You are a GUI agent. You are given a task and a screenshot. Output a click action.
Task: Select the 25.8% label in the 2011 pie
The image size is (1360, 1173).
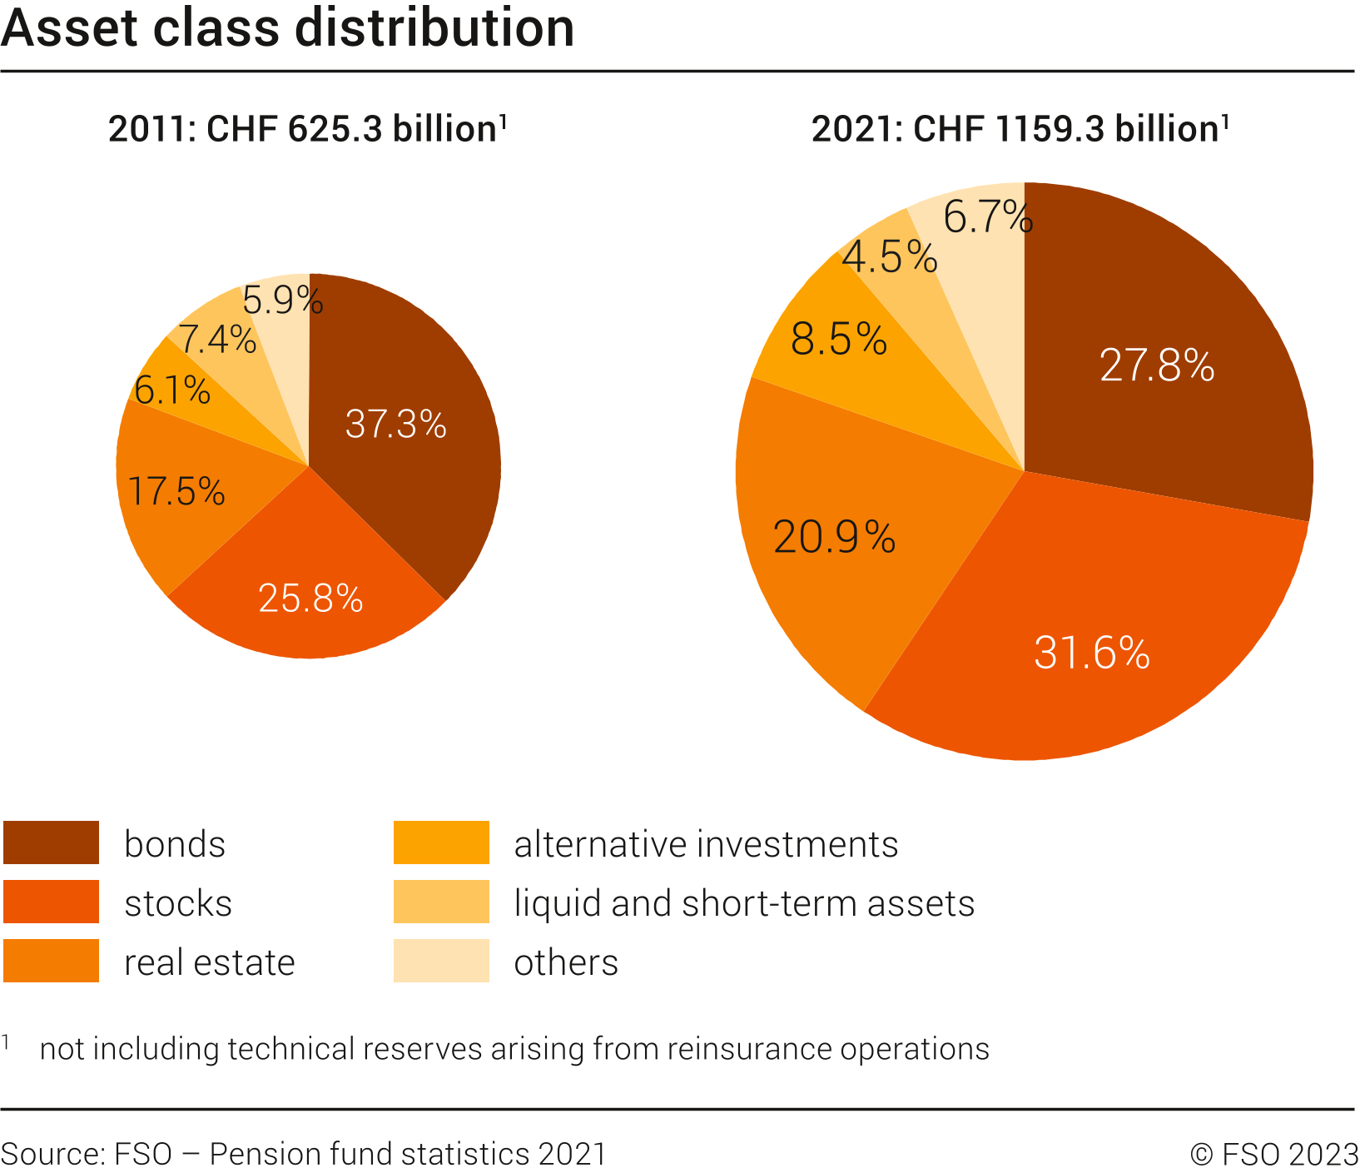[310, 599]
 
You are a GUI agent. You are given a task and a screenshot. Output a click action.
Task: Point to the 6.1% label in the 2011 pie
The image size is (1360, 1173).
[172, 390]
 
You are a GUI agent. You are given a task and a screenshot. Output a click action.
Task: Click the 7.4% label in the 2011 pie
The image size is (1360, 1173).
[217, 340]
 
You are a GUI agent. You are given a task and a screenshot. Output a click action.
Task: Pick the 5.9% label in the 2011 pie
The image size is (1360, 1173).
[282, 301]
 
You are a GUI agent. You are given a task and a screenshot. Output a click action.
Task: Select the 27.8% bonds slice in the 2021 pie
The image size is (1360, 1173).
[1157, 366]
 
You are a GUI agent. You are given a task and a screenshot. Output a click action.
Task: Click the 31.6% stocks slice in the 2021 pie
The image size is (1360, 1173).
[1092, 654]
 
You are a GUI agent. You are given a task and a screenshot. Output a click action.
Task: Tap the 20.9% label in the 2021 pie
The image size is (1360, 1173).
[834, 538]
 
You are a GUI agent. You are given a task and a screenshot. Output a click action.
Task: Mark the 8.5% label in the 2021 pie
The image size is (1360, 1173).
[839, 340]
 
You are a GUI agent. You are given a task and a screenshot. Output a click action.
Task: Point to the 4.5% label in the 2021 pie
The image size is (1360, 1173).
[890, 257]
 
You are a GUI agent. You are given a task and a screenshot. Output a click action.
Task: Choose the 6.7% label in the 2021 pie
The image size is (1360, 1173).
[988, 218]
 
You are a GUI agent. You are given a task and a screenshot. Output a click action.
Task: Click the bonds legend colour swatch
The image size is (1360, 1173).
[52, 842]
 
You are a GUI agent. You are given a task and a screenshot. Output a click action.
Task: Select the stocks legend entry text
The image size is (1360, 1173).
[178, 903]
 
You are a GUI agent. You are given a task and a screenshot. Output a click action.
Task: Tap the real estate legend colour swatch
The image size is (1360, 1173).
[52, 961]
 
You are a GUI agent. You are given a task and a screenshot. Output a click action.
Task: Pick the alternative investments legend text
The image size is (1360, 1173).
[706, 844]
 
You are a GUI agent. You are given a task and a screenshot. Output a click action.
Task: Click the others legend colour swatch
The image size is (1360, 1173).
[441, 961]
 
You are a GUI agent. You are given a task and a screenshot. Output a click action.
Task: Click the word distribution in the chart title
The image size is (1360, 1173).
[434, 28]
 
